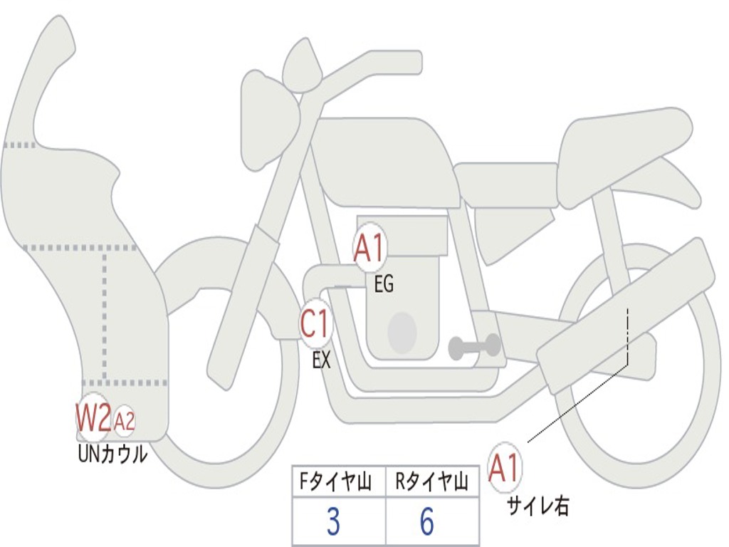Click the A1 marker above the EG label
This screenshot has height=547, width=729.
370,250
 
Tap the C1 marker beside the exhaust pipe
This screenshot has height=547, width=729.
315,325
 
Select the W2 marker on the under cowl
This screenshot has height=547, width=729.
93,420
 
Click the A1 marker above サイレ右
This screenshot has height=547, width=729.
505,468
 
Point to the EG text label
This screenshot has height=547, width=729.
383,285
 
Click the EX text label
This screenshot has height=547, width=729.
321,360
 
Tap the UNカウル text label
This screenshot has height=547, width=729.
112,453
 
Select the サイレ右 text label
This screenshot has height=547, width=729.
538,506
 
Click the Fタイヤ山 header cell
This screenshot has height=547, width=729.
338,483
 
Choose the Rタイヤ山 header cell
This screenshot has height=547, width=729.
431,483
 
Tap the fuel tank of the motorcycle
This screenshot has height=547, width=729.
384,160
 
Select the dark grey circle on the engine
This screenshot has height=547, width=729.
402,332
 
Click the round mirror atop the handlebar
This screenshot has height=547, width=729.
302,66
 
